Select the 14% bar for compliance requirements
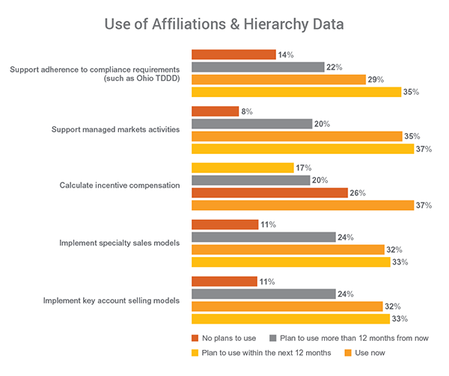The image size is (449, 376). click(233, 55)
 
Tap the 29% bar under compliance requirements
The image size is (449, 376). click(278, 79)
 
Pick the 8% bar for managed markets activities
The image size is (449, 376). click(215, 111)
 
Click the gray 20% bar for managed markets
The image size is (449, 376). click(251, 124)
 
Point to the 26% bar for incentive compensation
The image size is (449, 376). click(269, 193)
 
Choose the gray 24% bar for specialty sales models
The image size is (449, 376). click(263, 237)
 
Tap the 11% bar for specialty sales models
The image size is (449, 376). click(224, 224)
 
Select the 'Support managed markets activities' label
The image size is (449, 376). click(115, 129)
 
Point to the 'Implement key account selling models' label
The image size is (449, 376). click(110, 301)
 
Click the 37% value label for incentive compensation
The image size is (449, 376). click(423, 206)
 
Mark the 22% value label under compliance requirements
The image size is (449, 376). click(334, 67)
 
